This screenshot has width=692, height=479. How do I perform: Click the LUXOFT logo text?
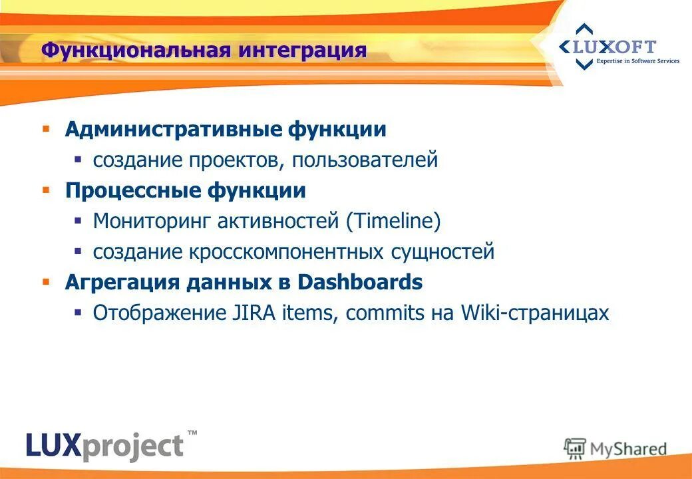click(x=616, y=47)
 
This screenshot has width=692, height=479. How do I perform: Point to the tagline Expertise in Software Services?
click(x=637, y=61)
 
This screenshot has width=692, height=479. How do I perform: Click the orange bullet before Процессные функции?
click(x=46, y=190)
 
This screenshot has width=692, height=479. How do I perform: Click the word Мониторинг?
click(x=151, y=222)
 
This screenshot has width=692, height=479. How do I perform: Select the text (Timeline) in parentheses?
click(x=393, y=222)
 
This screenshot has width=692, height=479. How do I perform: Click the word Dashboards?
click(x=359, y=282)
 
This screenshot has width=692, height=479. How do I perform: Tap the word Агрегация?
click(x=122, y=282)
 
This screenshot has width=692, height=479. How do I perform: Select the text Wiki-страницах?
click(x=534, y=313)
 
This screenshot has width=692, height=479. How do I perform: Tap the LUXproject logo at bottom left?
click(x=105, y=444)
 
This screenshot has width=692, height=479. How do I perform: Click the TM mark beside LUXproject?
click(x=192, y=433)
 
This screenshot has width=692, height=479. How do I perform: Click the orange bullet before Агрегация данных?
click(x=46, y=281)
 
